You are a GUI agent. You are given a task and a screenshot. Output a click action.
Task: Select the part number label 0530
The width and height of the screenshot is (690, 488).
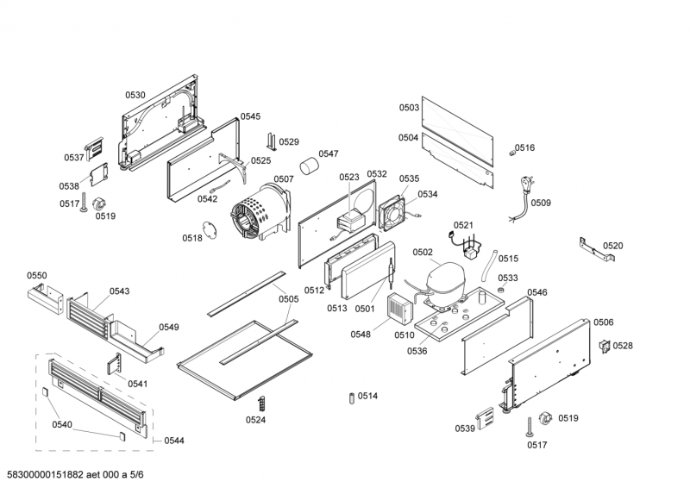tap(135, 95)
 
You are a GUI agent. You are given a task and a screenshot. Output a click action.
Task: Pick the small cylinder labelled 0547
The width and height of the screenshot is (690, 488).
tap(309, 167)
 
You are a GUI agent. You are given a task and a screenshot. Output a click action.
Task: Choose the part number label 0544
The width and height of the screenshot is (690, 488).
tap(173, 441)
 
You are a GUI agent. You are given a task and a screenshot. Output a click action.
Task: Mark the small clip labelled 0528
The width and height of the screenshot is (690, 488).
tap(604, 346)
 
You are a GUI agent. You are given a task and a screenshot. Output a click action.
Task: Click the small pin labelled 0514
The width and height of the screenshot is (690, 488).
tap(351, 397)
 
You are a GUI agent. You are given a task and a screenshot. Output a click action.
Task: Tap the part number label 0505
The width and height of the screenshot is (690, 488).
tap(288, 299)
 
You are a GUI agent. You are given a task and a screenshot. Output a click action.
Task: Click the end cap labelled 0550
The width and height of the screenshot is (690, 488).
tap(44, 297)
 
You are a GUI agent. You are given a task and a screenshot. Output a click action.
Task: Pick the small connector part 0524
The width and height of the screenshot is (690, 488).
tap(260, 404)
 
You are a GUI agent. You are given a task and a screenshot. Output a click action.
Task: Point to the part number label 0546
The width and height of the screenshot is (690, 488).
tap(536, 292)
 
